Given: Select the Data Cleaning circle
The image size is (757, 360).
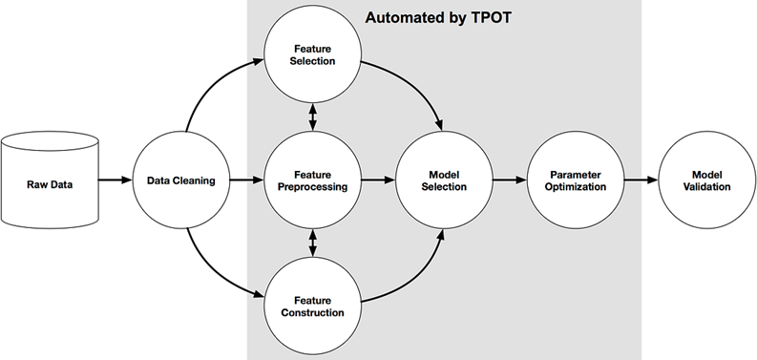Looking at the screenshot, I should point(181,180).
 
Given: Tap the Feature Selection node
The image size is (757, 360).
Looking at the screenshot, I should point(313,54).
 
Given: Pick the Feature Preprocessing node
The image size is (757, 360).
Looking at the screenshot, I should point(313,180).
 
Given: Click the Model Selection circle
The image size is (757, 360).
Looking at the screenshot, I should point(444,180).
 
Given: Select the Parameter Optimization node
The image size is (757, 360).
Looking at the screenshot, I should point(577,180).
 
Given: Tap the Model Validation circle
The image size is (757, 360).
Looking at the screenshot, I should point(705,180).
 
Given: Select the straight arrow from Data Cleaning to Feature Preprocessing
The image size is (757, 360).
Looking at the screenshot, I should point(247,180).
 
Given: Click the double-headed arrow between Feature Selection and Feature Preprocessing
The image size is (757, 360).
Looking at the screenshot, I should point(313,116).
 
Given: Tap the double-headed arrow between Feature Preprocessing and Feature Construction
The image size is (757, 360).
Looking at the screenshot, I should point(313,243).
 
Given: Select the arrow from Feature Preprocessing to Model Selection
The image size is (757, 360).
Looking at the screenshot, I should point(378,180).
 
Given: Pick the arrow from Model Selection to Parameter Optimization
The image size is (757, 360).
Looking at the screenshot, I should point(510,180).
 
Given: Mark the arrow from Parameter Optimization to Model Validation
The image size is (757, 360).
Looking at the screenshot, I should point(641,180).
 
